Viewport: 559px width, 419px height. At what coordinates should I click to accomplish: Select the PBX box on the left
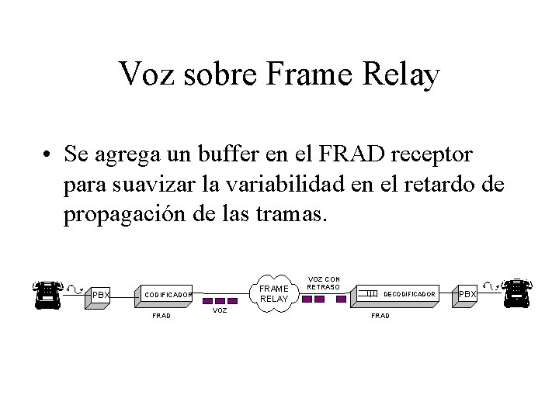pyautogui.click(x=102, y=295)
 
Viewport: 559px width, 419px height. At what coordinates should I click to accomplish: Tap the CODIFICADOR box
pyautogui.click(x=169, y=295)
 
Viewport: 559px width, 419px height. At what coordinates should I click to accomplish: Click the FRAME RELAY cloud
pyautogui.click(x=273, y=293)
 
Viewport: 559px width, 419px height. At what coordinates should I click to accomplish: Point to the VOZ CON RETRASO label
pyautogui.click(x=325, y=282)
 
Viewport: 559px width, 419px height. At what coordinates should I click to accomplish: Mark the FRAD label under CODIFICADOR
pyautogui.click(x=161, y=316)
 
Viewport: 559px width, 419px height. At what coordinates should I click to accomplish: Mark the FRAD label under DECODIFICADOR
pyautogui.click(x=381, y=316)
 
